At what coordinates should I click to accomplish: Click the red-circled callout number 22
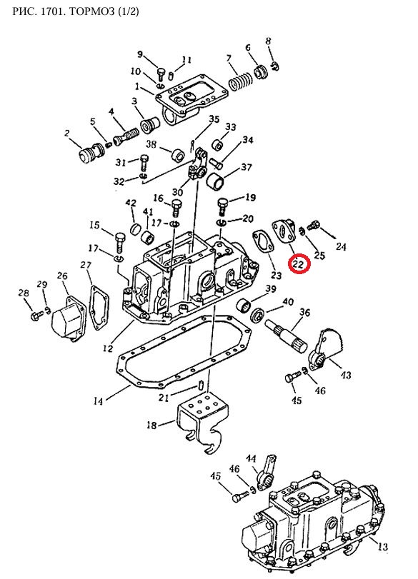[x=299, y=264]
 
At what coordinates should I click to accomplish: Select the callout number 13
[x=383, y=546]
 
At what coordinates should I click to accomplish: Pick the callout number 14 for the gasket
[x=98, y=401]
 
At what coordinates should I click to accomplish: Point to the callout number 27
[x=86, y=265]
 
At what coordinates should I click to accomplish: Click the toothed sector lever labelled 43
[x=327, y=348]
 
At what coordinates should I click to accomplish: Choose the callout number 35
[x=214, y=119]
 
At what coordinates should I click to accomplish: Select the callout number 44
[x=251, y=459]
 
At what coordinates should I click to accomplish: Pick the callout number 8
[x=269, y=41]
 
